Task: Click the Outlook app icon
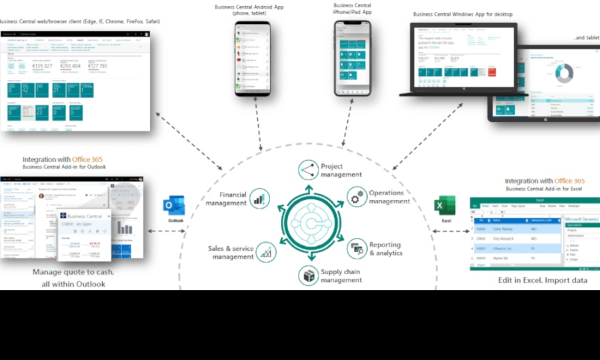(x=175, y=207)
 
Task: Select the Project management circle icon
(x=309, y=170)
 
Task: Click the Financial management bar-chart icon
(x=261, y=198)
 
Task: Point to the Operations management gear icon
(x=357, y=197)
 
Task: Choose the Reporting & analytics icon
(x=357, y=249)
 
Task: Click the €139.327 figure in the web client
(x=41, y=66)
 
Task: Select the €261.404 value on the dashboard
(x=70, y=66)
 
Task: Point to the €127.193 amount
(x=97, y=66)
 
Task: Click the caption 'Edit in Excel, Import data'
(x=543, y=281)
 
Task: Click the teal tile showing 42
(x=26, y=89)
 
